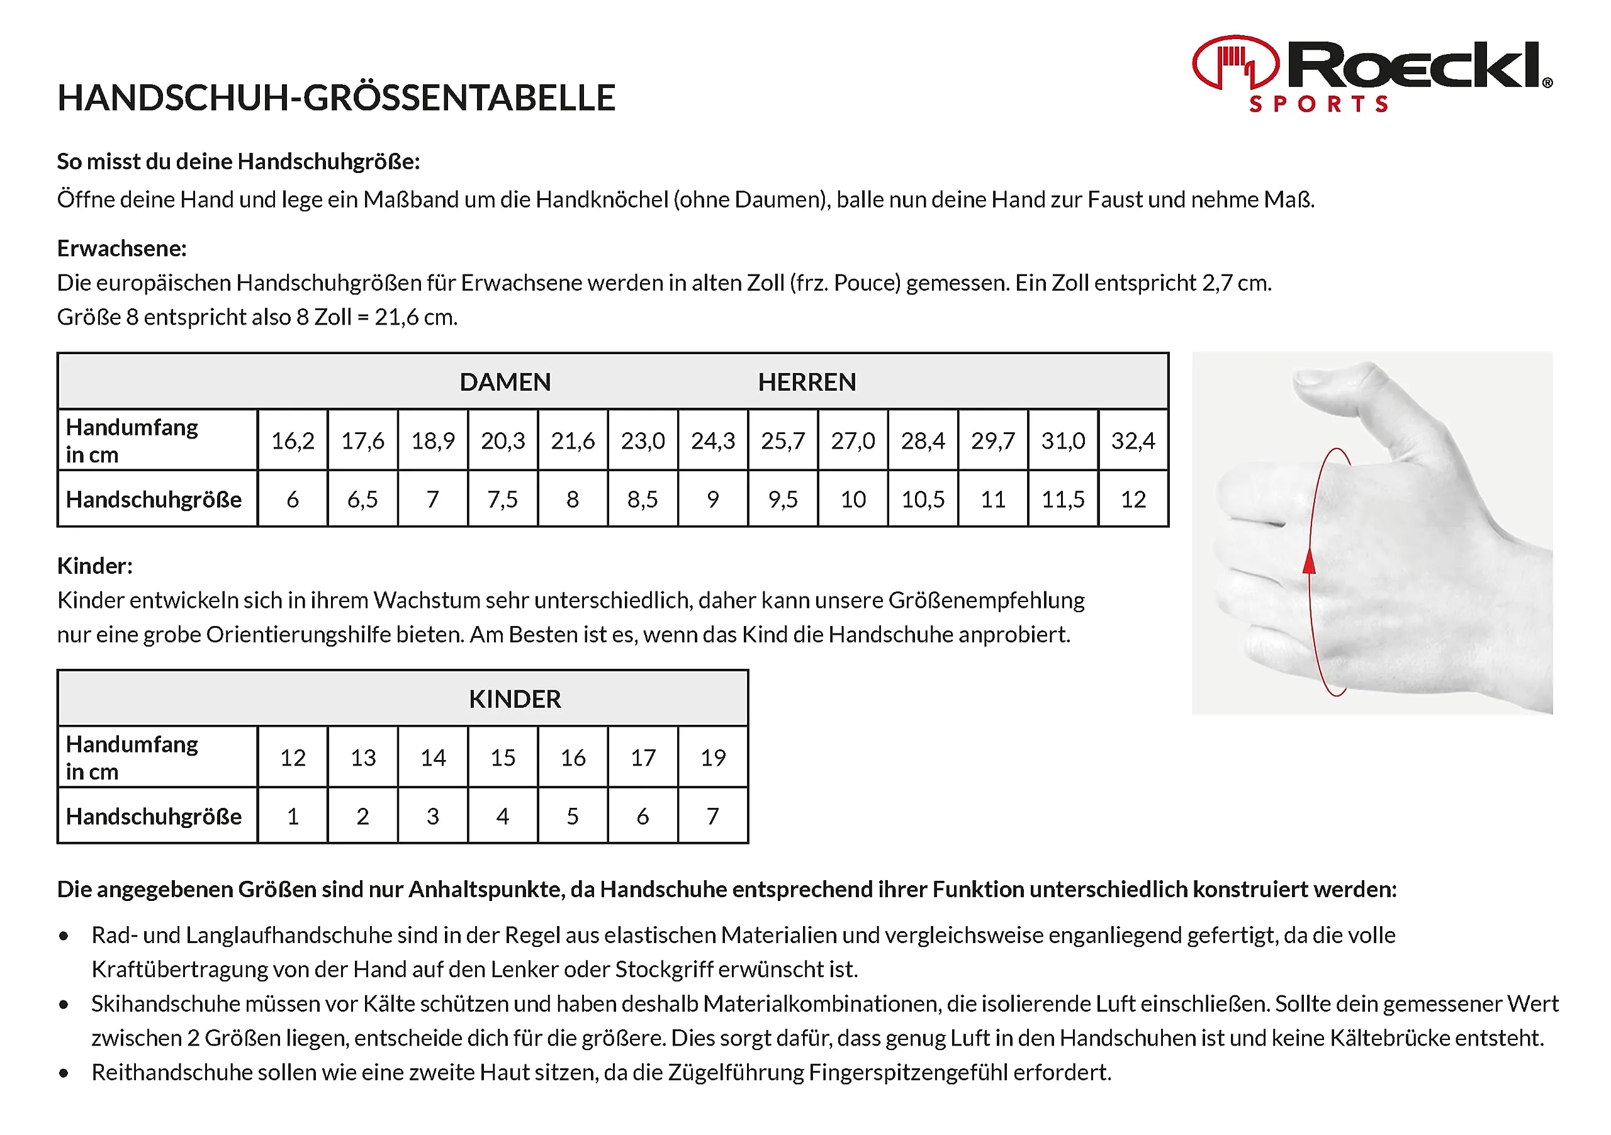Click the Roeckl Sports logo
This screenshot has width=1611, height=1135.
1372,74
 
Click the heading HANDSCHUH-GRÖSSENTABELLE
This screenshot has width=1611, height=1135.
336,98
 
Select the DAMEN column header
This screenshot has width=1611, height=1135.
505,383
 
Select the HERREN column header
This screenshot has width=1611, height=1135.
807,383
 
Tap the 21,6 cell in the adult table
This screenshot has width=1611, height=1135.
573,440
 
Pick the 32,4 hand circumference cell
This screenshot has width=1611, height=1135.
1133,440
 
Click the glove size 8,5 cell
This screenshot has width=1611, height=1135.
642,500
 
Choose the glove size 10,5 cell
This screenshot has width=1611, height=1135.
923,500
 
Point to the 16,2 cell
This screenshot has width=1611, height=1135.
293,440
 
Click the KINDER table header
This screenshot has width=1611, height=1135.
514,700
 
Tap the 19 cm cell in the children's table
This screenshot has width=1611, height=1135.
713,758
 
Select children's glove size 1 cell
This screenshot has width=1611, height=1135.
293,817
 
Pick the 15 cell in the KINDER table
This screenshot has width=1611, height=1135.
502,758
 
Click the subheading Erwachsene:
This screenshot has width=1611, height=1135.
121,249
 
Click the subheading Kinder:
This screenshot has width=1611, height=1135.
95,566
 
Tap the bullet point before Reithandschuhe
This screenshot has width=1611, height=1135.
64,1073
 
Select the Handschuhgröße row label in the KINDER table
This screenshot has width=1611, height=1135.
154,817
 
